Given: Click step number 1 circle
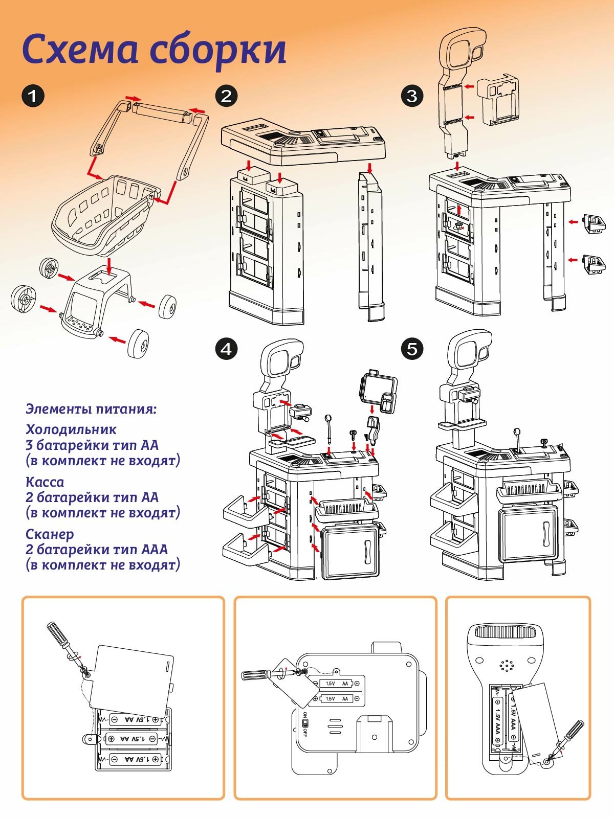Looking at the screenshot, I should (33, 96).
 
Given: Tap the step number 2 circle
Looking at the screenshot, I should (227, 96).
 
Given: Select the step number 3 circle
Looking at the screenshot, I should (412, 96).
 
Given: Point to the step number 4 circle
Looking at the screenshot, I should (227, 349).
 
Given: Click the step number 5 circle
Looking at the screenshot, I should (412, 349).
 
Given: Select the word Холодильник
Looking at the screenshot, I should (71, 429).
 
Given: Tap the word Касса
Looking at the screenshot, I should (45, 482).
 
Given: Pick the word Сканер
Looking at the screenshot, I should (50, 534).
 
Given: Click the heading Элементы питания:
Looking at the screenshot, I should (91, 409).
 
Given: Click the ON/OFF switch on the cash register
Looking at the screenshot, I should (305, 723).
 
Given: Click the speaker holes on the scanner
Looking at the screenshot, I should (507, 665).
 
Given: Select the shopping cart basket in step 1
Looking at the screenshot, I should (102, 215).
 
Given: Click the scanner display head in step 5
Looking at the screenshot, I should (468, 353).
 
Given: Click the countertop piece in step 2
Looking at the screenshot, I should (302, 141).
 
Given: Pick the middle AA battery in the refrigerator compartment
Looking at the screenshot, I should (132, 738).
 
